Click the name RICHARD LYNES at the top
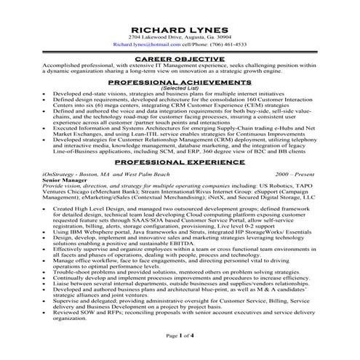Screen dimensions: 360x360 180,26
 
